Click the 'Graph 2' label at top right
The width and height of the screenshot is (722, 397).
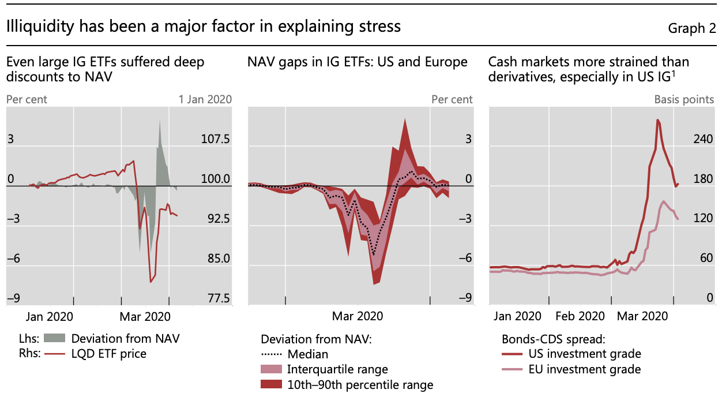pyautogui.click(x=691, y=28)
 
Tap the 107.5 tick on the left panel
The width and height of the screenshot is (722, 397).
pyautogui.click(x=215, y=140)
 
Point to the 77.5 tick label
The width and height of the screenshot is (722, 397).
pyautogui.click(x=217, y=298)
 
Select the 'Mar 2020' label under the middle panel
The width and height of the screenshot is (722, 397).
pyautogui.click(x=358, y=316)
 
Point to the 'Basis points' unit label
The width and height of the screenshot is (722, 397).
pyautogui.click(x=684, y=99)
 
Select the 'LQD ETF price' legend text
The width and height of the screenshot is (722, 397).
pyautogui.click(x=109, y=354)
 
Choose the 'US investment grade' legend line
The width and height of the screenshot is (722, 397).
pyautogui.click(x=514, y=354)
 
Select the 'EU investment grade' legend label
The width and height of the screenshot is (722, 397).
pyautogui.click(x=584, y=369)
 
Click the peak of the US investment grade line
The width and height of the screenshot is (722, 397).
pyautogui.click(x=657, y=120)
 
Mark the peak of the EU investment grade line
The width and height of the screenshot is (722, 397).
pyautogui.click(x=664, y=201)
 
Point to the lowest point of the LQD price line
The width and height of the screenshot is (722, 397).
pyautogui.click(x=151, y=282)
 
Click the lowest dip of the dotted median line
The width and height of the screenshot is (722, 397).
pyautogui.click(x=374, y=254)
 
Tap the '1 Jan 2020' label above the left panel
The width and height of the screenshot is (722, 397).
pyautogui.click(x=205, y=99)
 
